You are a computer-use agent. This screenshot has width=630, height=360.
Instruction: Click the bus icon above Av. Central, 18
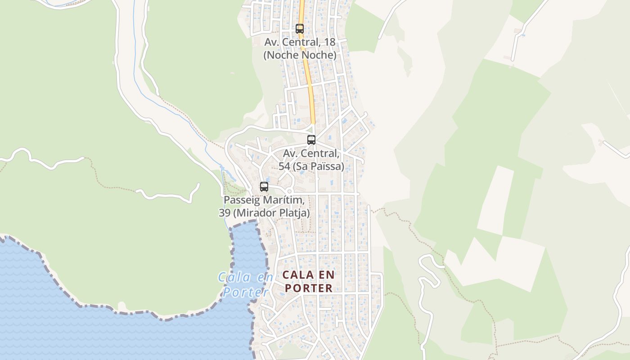(x=300, y=29)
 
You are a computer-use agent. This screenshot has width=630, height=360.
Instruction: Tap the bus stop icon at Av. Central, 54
(x=311, y=140)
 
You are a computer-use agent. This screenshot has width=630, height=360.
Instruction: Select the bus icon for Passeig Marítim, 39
(x=264, y=187)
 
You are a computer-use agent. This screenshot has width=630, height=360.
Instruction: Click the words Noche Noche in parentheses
(x=300, y=55)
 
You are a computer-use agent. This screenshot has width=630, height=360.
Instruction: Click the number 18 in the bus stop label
(x=329, y=42)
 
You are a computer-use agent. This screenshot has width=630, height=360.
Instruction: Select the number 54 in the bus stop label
(x=284, y=166)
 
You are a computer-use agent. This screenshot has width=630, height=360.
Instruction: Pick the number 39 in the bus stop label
(x=225, y=213)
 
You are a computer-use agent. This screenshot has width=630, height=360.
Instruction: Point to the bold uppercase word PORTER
(x=309, y=288)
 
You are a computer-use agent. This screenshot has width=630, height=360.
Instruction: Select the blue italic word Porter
(x=243, y=292)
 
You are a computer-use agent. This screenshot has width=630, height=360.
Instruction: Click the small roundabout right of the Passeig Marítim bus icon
(x=289, y=192)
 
